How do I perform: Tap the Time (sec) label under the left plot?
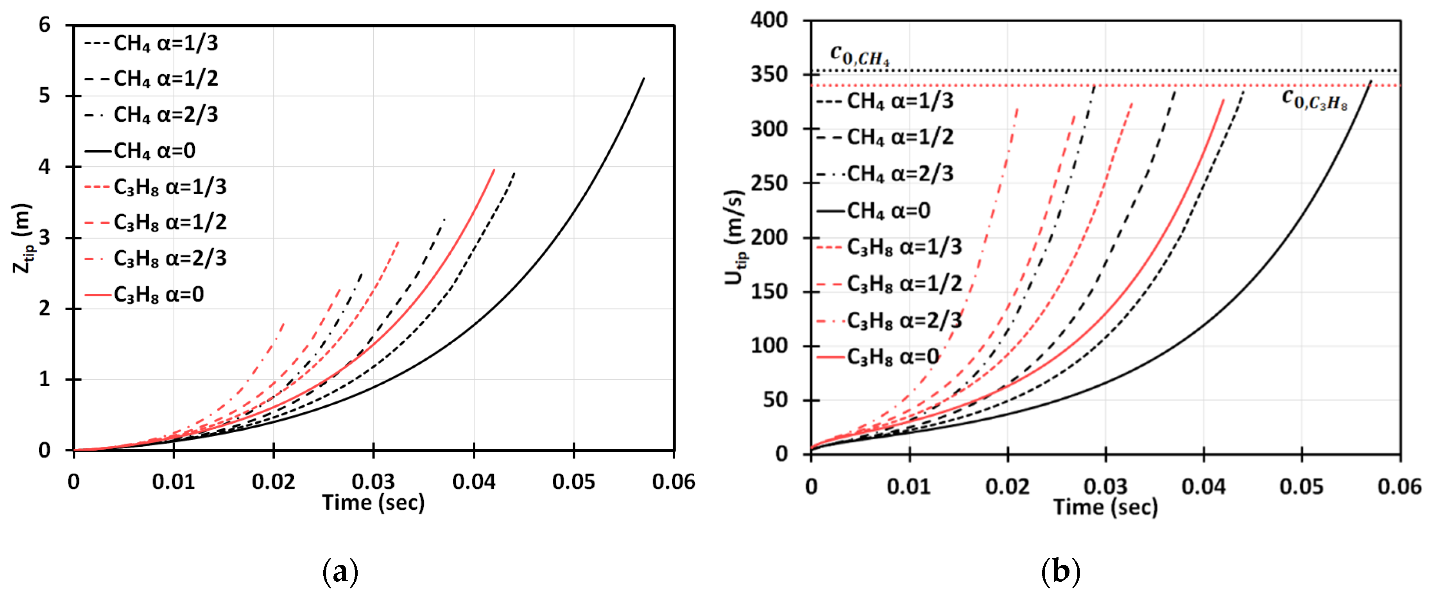point(373,503)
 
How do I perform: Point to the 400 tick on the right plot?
point(769,21)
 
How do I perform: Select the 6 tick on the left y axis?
point(45,25)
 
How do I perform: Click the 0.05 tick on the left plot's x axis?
point(573,482)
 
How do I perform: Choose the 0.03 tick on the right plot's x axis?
point(1105,487)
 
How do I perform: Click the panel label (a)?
point(340,572)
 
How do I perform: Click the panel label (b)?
point(1060,572)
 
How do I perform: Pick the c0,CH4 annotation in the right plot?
point(860,55)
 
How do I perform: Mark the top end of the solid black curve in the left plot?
point(644,79)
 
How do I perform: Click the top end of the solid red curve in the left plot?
point(494,170)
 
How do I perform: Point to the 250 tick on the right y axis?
point(769,183)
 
